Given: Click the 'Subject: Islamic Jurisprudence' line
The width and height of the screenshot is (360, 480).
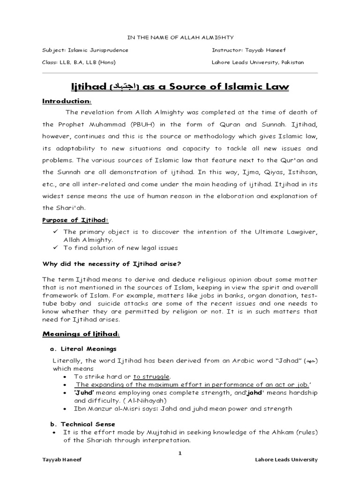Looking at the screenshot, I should (85, 50).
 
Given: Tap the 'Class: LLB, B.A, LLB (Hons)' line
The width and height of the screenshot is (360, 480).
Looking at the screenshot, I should (79, 62).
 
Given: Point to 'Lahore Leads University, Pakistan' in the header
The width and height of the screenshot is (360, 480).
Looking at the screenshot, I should (258, 62).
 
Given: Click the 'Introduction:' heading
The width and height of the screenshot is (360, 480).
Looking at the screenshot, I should (67, 101).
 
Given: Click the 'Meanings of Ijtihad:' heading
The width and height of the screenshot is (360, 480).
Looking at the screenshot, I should (81, 334).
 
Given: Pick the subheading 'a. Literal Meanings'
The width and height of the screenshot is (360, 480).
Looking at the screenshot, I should (83, 349).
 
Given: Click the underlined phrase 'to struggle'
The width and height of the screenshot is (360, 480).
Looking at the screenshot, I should (152, 376).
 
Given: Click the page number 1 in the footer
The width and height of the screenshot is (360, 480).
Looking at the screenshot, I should (180, 453).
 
